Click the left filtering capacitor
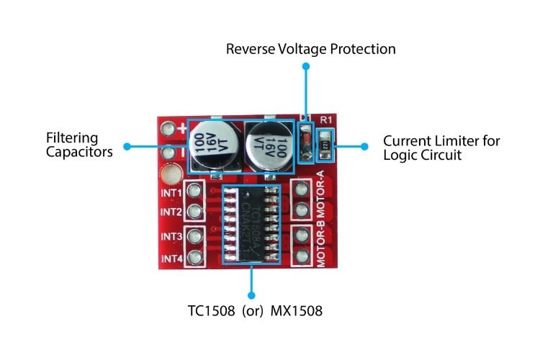pyautogui.click(x=213, y=146)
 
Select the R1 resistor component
pyautogui.click(x=325, y=143)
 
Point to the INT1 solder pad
pyautogui.click(x=193, y=192)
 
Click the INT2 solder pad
pyautogui.click(x=193, y=211)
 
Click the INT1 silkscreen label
pyautogui.click(x=171, y=193)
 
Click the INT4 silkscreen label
pyautogui.click(x=171, y=257)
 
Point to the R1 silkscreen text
pyautogui.click(x=325, y=120)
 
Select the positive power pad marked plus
pyautogui.click(x=168, y=130)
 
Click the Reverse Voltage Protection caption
pyautogui.click(x=311, y=49)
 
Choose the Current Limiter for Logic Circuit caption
pyautogui.click(x=441, y=147)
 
